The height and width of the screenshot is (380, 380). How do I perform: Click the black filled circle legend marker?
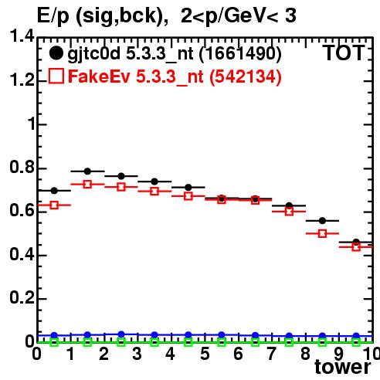point(56,53)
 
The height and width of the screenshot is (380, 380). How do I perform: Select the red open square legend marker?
point(56,76)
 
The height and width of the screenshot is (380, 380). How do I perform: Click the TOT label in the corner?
point(344,53)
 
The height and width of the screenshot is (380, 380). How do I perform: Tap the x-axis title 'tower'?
point(343,367)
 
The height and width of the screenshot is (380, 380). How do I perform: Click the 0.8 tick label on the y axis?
point(22,167)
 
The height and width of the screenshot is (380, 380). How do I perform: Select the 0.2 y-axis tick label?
point(22,298)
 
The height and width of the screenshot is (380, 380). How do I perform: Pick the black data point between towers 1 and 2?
point(87,171)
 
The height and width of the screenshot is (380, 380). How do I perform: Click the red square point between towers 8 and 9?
point(322,233)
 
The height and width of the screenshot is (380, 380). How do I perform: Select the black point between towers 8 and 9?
point(322,221)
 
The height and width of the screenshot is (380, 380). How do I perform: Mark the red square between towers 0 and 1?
point(54,205)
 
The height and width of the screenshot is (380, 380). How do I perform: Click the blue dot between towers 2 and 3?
point(121,334)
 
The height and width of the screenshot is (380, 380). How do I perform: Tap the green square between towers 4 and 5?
point(188,342)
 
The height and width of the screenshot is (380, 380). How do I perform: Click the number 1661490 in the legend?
point(240,53)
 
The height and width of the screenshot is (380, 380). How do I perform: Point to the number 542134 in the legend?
point(246,76)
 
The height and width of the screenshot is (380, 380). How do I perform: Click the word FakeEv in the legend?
point(99,76)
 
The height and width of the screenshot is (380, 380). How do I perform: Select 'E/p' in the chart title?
point(53,16)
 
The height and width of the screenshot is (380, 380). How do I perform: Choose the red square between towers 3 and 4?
point(154,192)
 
